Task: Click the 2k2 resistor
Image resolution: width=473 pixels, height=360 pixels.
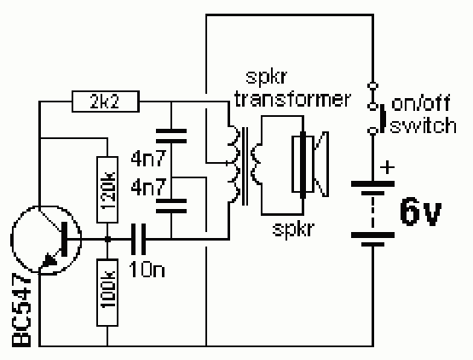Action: pos(106,102)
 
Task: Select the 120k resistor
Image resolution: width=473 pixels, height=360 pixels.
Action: pos(107,189)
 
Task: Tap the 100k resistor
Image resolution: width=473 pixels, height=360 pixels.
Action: pos(107,293)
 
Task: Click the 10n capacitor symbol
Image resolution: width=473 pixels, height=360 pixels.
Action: pos(138,239)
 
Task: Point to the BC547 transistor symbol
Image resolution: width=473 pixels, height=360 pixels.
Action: pos(46,240)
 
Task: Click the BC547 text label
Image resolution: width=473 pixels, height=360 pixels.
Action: pos(21,311)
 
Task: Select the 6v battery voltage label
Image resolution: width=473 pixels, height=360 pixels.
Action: pos(421,212)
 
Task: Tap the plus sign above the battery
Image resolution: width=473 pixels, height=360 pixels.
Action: pos(387,167)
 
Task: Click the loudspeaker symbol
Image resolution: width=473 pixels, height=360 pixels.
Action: pos(310,165)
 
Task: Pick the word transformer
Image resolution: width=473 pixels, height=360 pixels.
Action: pos(292,98)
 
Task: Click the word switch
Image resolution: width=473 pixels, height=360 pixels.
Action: pos(423,125)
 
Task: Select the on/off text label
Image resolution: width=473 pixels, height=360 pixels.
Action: pos(420,103)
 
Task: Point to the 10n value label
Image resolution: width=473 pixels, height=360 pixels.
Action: pos(147,270)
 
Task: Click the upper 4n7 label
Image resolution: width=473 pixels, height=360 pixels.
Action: pos(148,159)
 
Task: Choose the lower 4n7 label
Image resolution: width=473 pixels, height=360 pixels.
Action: pos(148,187)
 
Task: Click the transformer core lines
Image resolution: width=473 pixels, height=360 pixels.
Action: pos(245,166)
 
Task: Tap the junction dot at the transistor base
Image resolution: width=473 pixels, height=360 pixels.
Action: pos(107,239)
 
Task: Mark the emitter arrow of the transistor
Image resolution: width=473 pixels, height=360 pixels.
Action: pos(49,260)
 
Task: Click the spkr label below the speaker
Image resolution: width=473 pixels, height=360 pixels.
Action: pos(293,229)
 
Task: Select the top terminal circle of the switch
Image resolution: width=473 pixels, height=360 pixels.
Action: pos(372,85)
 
